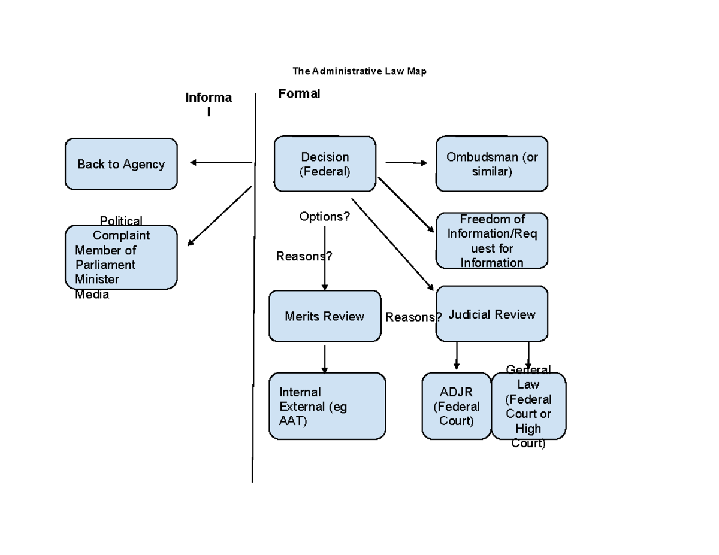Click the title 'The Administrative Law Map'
coord(359,71)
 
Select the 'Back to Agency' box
coord(121,164)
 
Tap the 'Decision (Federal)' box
coord(325,164)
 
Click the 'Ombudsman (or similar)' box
coord(491,164)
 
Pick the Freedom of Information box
coord(491,241)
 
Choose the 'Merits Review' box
coord(325,316)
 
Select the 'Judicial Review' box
coord(492,314)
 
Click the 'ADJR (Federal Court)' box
coord(456,406)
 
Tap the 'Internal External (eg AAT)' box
coord(327,406)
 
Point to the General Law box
coord(528,406)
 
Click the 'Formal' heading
coord(299,93)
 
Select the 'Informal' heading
coord(208,104)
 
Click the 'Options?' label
coord(324,216)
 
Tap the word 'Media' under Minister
coord(92,294)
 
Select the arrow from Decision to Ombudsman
coord(406,162)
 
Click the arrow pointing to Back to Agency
coord(220,162)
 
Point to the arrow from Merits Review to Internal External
coord(324,359)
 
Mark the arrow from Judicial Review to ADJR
coord(457,356)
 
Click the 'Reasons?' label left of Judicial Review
coord(413,317)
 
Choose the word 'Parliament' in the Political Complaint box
coord(105,265)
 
